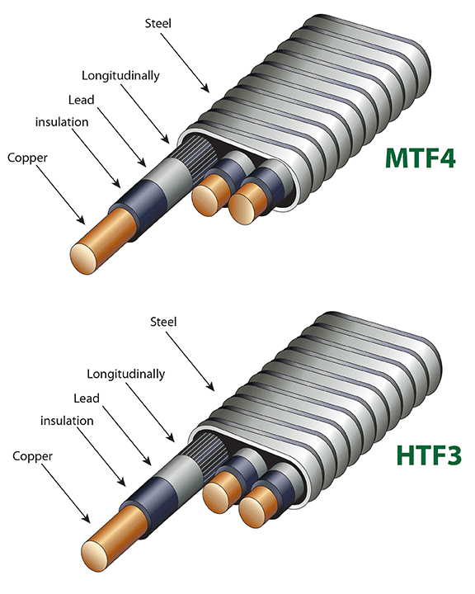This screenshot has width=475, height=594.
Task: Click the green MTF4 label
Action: [421, 158]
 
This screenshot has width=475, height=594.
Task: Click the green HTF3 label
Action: [429, 455]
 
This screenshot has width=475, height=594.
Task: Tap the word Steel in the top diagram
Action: [158, 23]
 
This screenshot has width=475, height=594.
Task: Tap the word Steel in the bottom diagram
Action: [163, 322]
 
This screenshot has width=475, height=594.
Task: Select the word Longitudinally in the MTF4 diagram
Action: [120, 75]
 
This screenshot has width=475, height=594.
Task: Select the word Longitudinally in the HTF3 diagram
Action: [125, 374]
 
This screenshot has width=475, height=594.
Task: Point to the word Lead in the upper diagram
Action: [81, 100]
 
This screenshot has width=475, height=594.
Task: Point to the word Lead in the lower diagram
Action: [87, 398]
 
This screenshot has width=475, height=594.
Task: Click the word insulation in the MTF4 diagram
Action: [62, 122]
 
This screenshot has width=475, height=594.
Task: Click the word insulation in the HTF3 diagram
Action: [67, 421]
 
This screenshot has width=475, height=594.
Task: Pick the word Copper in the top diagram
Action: [27, 158]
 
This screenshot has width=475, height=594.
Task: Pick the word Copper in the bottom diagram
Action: [33, 456]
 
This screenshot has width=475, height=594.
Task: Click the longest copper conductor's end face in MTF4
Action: [84, 259]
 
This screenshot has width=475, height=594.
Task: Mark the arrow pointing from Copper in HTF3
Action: [65, 493]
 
